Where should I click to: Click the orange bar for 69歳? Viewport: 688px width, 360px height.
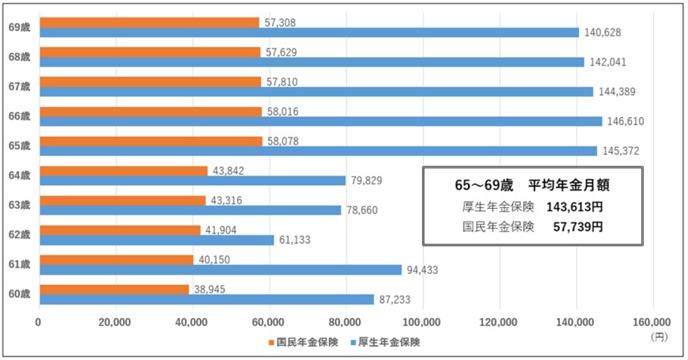tap(149, 22)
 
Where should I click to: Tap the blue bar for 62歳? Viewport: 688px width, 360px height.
tap(157, 240)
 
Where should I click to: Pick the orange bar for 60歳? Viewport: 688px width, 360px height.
tap(114, 290)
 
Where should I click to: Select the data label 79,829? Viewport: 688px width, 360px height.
tap(366, 181)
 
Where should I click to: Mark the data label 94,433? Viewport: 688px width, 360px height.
tap(422, 270)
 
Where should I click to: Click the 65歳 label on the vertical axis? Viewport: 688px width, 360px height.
tap(19, 146)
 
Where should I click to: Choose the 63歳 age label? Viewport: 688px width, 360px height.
tap(19, 205)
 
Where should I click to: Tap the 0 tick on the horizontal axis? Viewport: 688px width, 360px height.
tap(39, 322)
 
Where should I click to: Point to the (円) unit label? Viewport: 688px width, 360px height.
tap(659, 336)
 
